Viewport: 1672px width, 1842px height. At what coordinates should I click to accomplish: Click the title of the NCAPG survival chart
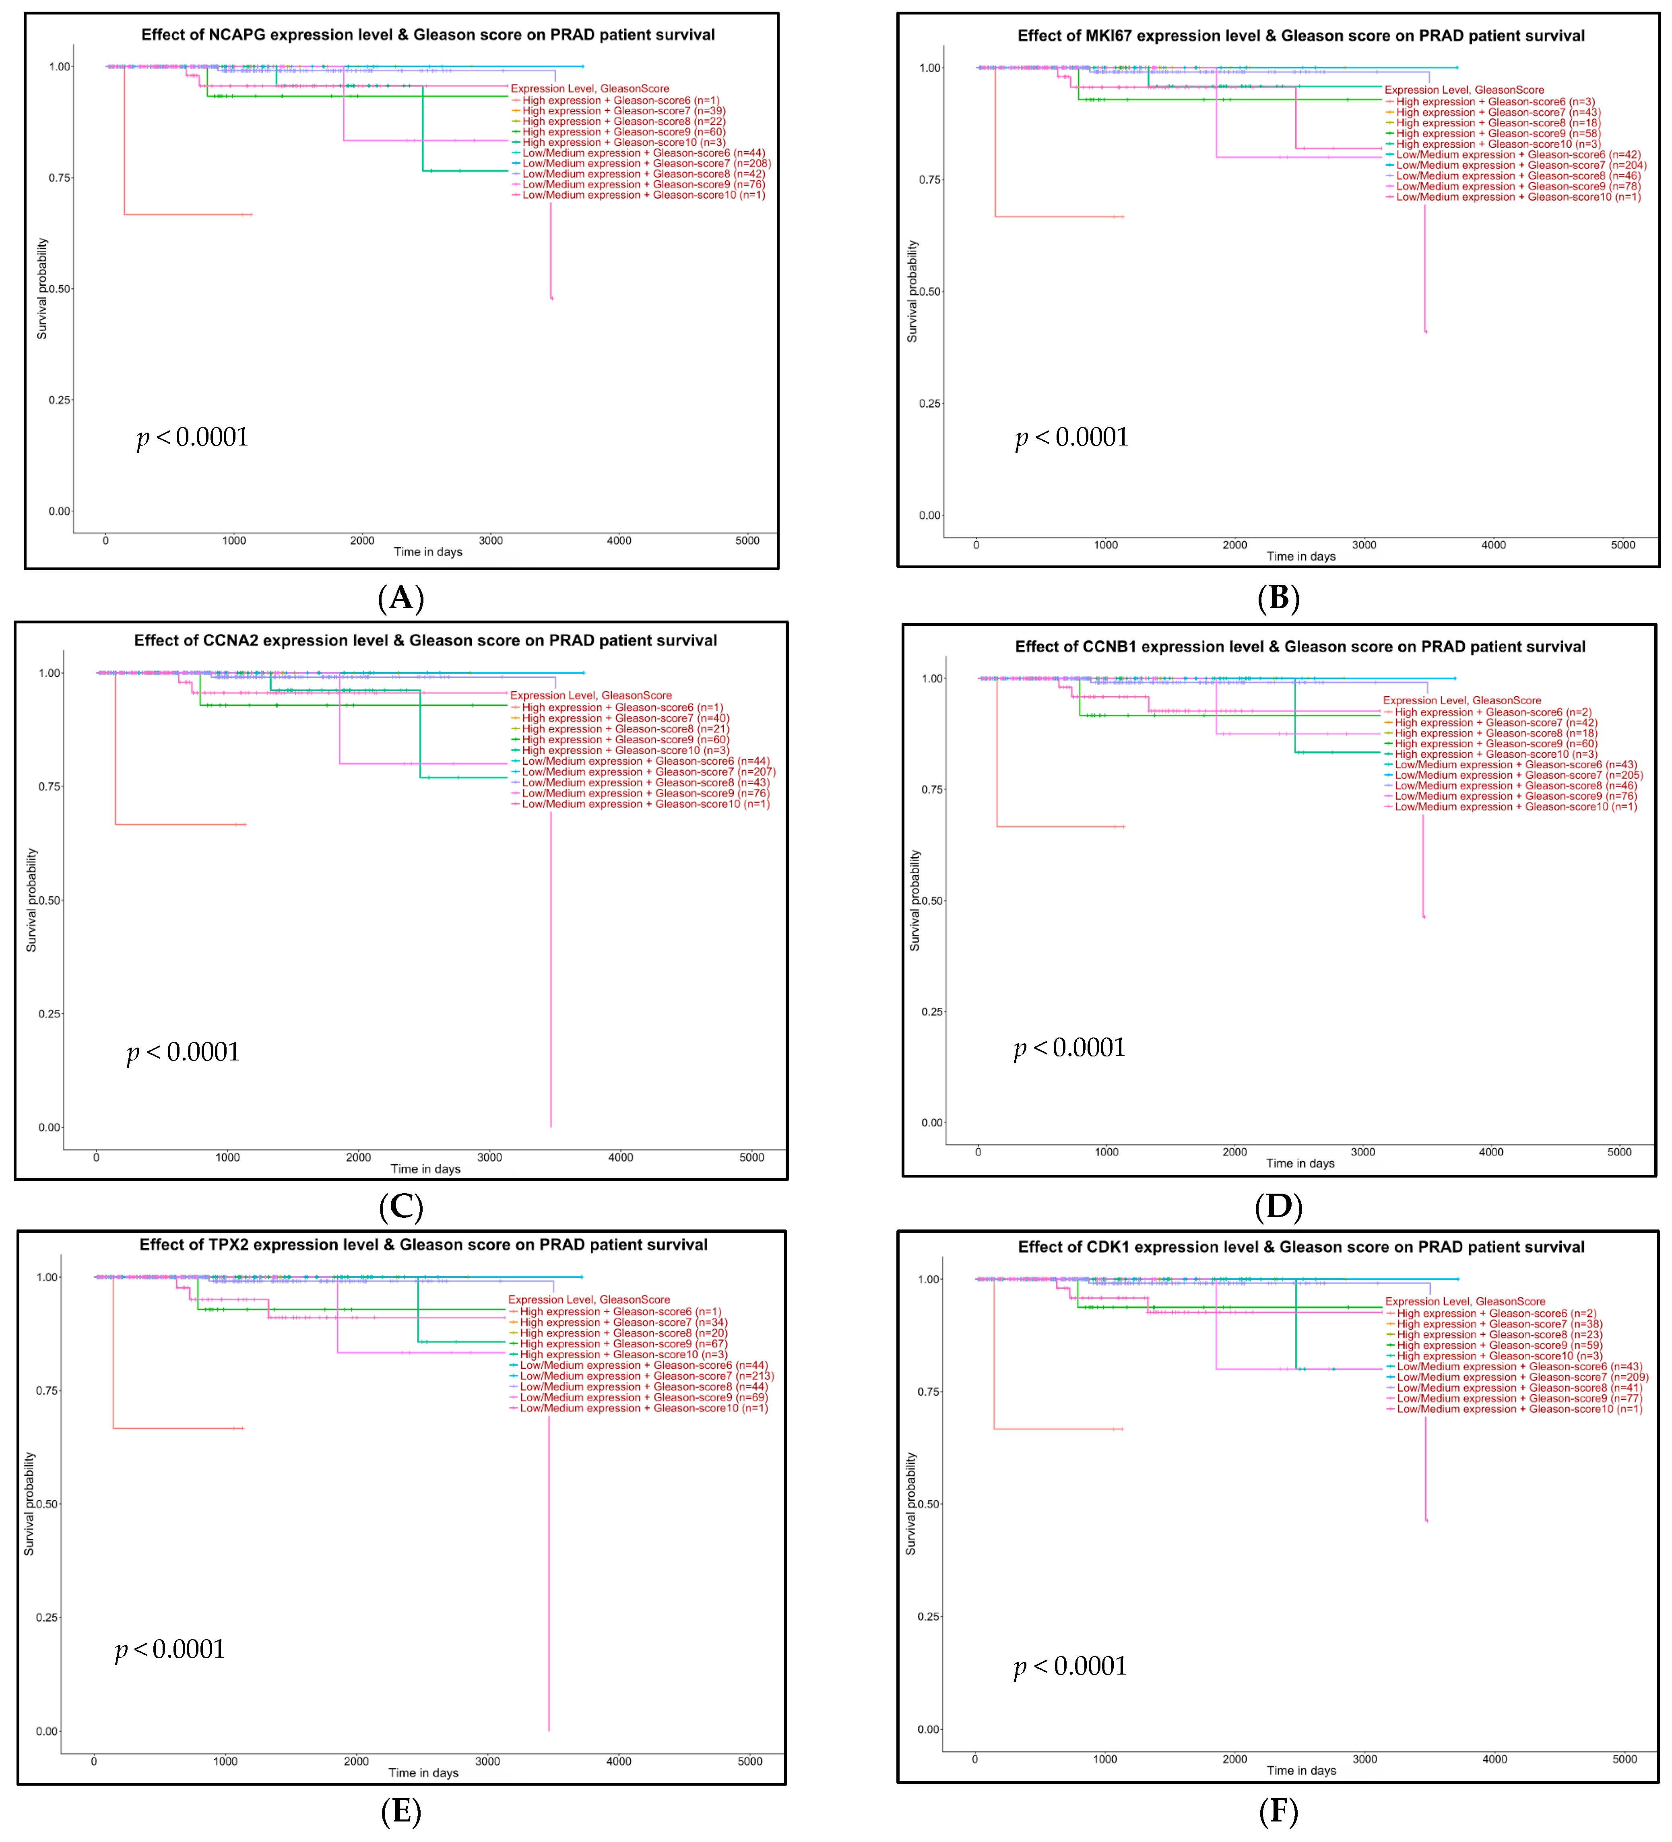click(x=427, y=35)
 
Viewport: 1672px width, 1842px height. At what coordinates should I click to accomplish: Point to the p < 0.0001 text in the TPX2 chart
click(x=170, y=1649)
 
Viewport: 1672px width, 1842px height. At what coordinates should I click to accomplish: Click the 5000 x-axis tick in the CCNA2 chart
click(x=751, y=1158)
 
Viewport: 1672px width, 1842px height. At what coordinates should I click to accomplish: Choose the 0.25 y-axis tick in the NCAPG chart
click(x=60, y=400)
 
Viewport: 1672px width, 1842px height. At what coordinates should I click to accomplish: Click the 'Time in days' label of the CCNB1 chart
click(x=1300, y=1163)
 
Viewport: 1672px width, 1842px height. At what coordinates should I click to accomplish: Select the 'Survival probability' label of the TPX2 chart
click(x=29, y=1504)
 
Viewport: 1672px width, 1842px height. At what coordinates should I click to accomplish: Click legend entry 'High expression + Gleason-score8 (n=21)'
click(x=625, y=729)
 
